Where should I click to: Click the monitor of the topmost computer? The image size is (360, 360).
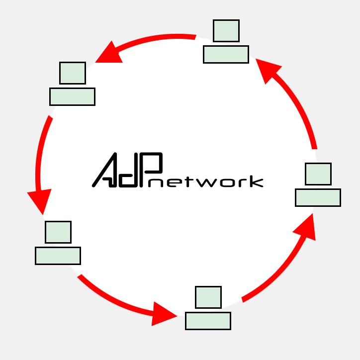226,31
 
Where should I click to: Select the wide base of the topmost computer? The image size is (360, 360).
226,54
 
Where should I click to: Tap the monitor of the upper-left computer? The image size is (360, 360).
73,73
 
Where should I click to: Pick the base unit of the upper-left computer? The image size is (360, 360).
72,96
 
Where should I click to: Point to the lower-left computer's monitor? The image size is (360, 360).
58,232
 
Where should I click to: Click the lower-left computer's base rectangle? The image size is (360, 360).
58,256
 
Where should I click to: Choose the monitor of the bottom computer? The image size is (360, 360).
208,297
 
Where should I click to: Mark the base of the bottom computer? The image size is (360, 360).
208,321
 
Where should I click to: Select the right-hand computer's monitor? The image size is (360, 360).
318,174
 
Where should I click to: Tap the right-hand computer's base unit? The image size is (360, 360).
318,197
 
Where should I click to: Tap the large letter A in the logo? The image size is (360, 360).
105,171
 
